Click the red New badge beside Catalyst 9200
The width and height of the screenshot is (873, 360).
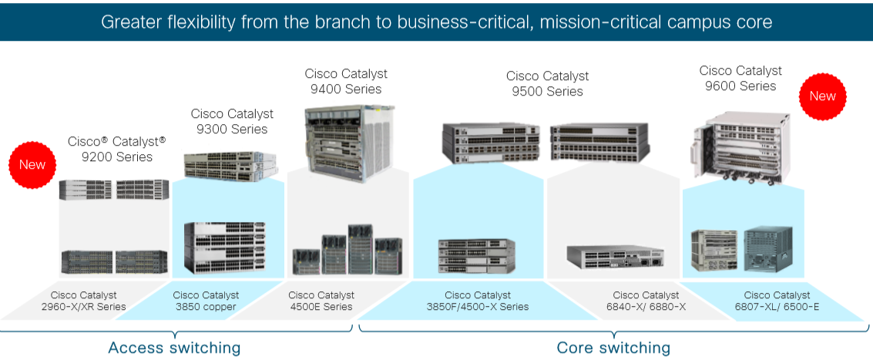(x=32, y=164)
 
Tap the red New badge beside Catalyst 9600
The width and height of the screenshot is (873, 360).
(x=822, y=96)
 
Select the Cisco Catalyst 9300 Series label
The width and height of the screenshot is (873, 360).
(x=232, y=121)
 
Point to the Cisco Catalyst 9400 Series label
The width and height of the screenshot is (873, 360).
(x=346, y=81)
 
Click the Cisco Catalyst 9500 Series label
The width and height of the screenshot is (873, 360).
(x=547, y=83)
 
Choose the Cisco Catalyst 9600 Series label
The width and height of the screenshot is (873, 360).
(x=740, y=78)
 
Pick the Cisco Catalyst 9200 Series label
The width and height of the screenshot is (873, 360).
(x=117, y=149)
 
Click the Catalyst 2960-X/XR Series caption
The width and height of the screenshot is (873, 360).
(x=83, y=301)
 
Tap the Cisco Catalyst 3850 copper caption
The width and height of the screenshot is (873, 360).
(x=206, y=301)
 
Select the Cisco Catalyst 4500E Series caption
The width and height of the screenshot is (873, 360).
(x=321, y=301)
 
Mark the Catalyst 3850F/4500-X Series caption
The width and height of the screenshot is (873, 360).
(x=478, y=301)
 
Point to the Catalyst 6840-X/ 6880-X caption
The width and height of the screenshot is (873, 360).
(x=646, y=301)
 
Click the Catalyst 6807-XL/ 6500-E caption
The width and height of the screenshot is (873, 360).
(x=777, y=301)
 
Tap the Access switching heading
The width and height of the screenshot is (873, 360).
(x=174, y=348)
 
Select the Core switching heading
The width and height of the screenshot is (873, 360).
(x=613, y=348)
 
